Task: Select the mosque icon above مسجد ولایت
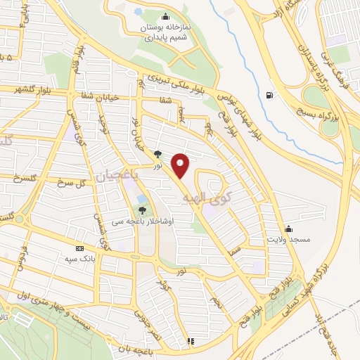tap(288, 229)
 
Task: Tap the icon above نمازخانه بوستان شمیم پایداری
tap(165, 18)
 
